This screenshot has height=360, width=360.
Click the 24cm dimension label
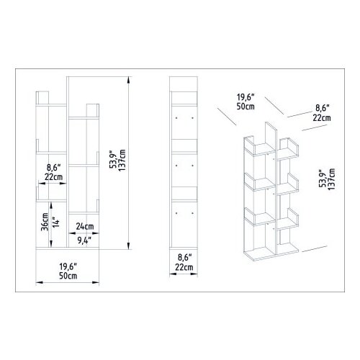click(85, 226)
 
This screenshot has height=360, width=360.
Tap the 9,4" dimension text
click(84, 240)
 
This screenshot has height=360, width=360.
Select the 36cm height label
click(45, 222)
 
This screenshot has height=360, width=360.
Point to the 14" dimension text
click(55, 222)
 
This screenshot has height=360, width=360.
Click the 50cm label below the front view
click(68, 276)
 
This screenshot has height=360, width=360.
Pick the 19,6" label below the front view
click(68, 266)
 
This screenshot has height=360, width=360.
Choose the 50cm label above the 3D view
click(246, 107)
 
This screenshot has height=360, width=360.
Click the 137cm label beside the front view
click(122, 160)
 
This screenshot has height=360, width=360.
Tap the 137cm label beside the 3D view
click(331, 179)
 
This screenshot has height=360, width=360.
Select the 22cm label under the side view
click(184, 267)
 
